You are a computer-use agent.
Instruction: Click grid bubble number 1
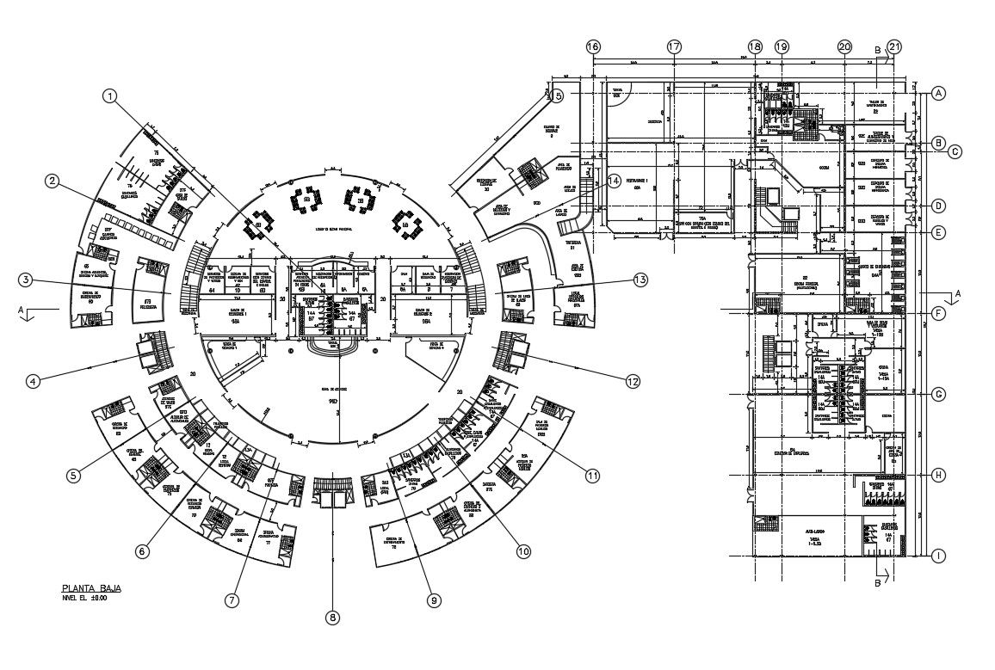coord(109,96)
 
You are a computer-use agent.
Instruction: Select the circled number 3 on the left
coord(28,280)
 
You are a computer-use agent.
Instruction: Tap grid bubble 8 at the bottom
coord(334,617)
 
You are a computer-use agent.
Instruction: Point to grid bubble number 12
coord(633,380)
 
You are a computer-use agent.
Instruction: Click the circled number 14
coord(614,181)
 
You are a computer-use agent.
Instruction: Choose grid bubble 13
coord(640,280)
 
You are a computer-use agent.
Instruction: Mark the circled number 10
coord(523,552)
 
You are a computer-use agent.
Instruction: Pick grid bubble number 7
coord(231,601)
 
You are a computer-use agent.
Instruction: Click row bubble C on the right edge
coord(954,152)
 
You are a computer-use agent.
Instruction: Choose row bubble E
coord(939,232)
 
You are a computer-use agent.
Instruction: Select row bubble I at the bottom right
coord(939,556)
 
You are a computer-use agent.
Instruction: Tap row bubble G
coord(939,394)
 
